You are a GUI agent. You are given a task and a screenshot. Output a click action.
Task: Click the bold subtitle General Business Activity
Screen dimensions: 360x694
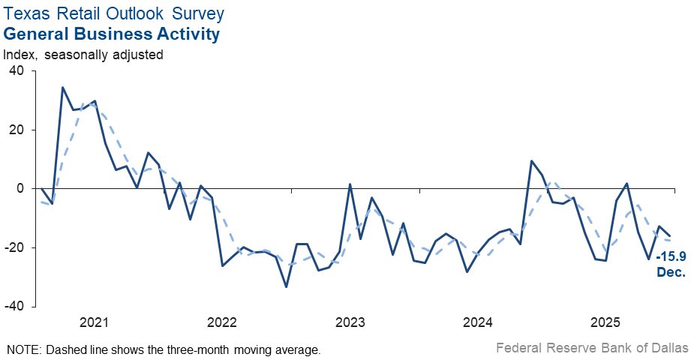112,34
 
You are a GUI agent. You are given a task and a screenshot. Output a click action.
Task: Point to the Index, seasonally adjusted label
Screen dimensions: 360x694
83,54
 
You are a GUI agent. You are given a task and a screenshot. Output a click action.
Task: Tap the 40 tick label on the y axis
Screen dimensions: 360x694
17,70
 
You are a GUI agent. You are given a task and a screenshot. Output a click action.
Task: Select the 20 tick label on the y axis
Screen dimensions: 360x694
17,130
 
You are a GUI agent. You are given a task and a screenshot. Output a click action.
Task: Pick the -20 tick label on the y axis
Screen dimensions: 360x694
14,248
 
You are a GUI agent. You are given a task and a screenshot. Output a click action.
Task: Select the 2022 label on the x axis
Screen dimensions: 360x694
222,322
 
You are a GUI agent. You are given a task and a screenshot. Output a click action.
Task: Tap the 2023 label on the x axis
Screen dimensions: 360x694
350,322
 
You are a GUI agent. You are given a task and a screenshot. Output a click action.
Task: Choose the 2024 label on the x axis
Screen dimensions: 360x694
478,322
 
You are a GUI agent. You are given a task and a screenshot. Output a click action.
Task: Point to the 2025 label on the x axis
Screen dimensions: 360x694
605,322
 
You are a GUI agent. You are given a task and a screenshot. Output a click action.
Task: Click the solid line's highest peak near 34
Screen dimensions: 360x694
62,88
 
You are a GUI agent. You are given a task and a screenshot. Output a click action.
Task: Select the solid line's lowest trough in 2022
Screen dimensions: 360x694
286,286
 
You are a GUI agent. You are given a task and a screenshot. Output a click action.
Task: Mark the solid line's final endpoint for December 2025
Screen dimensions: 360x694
670,235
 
